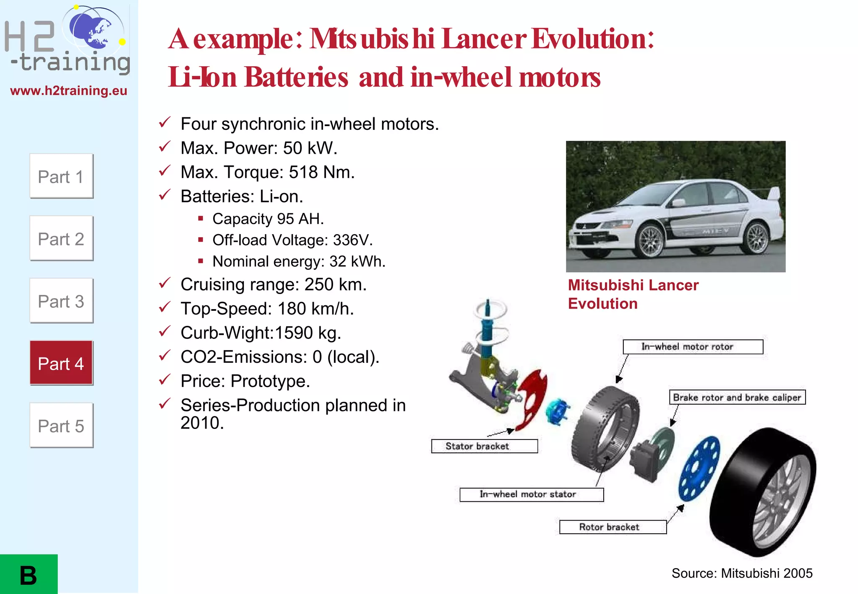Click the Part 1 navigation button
[61, 176]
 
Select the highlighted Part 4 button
[61, 363]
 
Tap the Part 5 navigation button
[61, 426]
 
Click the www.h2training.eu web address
[69, 90]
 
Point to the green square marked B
[28, 574]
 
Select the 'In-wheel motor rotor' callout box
[693, 347]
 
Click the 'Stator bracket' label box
[484, 446]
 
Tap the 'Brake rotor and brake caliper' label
[737, 397]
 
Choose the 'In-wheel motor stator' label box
[531, 494]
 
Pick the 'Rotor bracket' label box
[612, 527]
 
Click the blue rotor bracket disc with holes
[700, 468]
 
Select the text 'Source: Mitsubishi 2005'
[742, 573]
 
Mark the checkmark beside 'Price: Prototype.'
[165, 380]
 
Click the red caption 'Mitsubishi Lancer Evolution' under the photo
[633, 294]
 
